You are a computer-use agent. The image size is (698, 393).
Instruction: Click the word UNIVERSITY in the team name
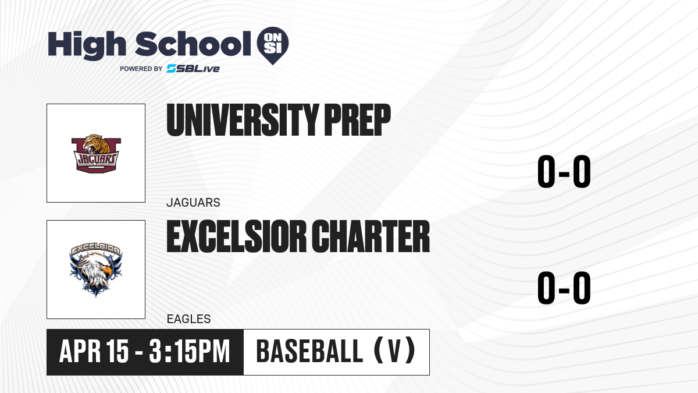click(x=243, y=120)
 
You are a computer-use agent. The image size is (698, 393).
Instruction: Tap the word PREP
click(x=357, y=120)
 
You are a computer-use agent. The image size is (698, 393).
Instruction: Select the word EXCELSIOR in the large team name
click(x=237, y=236)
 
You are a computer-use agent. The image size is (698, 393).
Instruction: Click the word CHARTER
click(x=371, y=236)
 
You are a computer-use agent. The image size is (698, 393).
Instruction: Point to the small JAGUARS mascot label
click(x=193, y=203)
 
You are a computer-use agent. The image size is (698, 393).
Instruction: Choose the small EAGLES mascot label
click(x=189, y=319)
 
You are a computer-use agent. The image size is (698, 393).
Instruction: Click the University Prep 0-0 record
click(x=564, y=172)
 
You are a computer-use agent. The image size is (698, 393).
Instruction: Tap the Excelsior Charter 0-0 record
click(x=564, y=288)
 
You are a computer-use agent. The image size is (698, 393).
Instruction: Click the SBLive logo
click(x=193, y=69)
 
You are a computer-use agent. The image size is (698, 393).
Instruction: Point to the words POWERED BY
click(x=141, y=69)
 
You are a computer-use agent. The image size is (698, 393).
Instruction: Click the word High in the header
click(x=87, y=45)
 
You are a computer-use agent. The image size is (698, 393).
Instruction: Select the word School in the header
click(x=193, y=44)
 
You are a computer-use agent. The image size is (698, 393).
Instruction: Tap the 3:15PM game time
click(x=190, y=352)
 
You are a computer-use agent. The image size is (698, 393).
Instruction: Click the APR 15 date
click(x=94, y=352)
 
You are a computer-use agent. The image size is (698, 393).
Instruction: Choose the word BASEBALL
click(x=309, y=352)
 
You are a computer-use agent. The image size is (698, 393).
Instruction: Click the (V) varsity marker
click(x=394, y=352)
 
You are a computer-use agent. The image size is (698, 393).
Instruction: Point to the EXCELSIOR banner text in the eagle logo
click(x=95, y=249)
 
